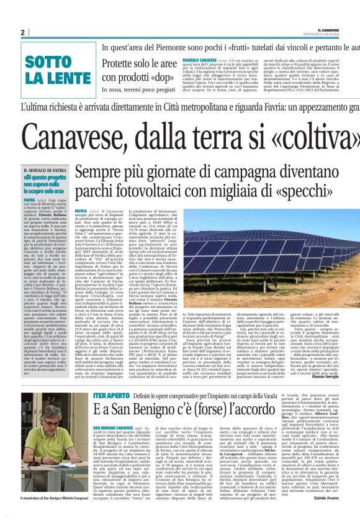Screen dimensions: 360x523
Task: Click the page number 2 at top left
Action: coord(22,32)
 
